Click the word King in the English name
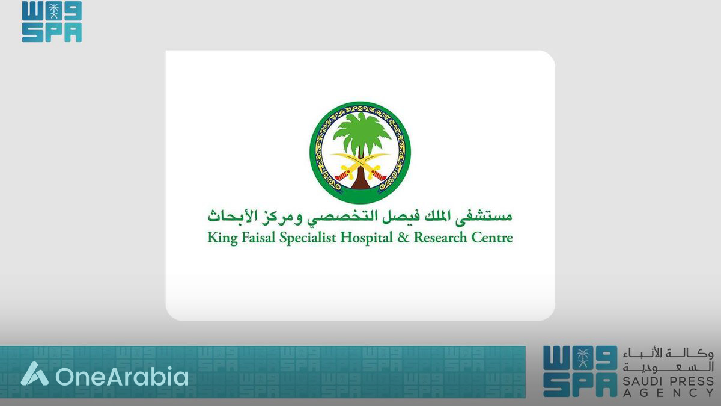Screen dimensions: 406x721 pyautogui.click(x=221, y=238)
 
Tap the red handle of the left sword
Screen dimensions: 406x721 pyautogui.click(x=342, y=176)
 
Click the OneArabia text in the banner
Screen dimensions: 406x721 pyautogui.click(x=121, y=377)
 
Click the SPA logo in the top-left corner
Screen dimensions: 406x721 pyautogui.click(x=52, y=22)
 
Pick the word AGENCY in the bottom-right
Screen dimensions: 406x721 pyautogui.click(x=668, y=393)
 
